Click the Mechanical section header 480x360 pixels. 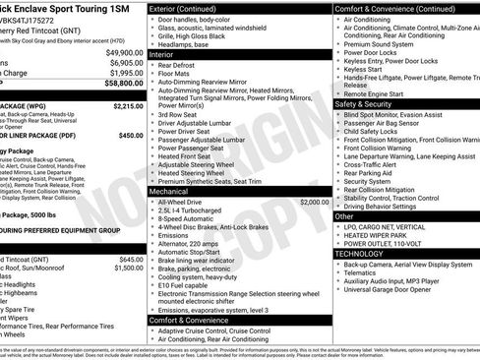pos(175,190)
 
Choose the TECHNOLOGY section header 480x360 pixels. pos(365,253)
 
